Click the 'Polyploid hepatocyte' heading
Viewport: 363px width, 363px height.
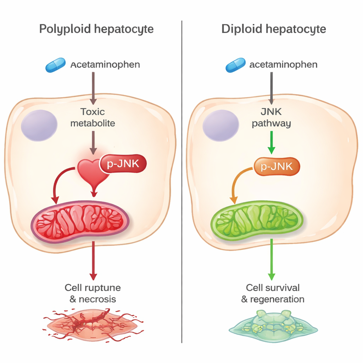click(x=96, y=29)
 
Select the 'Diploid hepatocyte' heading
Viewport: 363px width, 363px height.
click(x=273, y=29)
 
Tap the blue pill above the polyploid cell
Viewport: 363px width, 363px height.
click(x=56, y=65)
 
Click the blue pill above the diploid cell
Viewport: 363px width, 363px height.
click(x=236, y=65)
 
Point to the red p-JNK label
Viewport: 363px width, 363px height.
click(x=123, y=164)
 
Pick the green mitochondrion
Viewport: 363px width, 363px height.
click(x=257, y=219)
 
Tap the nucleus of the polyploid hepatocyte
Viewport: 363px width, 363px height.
click(x=39, y=125)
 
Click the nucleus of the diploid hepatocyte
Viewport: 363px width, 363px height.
click(x=220, y=125)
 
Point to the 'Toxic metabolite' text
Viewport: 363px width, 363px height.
click(x=93, y=117)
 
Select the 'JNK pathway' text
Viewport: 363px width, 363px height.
click(x=271, y=117)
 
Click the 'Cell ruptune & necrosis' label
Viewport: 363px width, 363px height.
click(x=93, y=293)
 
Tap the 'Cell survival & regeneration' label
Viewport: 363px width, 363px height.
click(x=273, y=293)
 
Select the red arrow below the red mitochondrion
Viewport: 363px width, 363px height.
click(x=93, y=261)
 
